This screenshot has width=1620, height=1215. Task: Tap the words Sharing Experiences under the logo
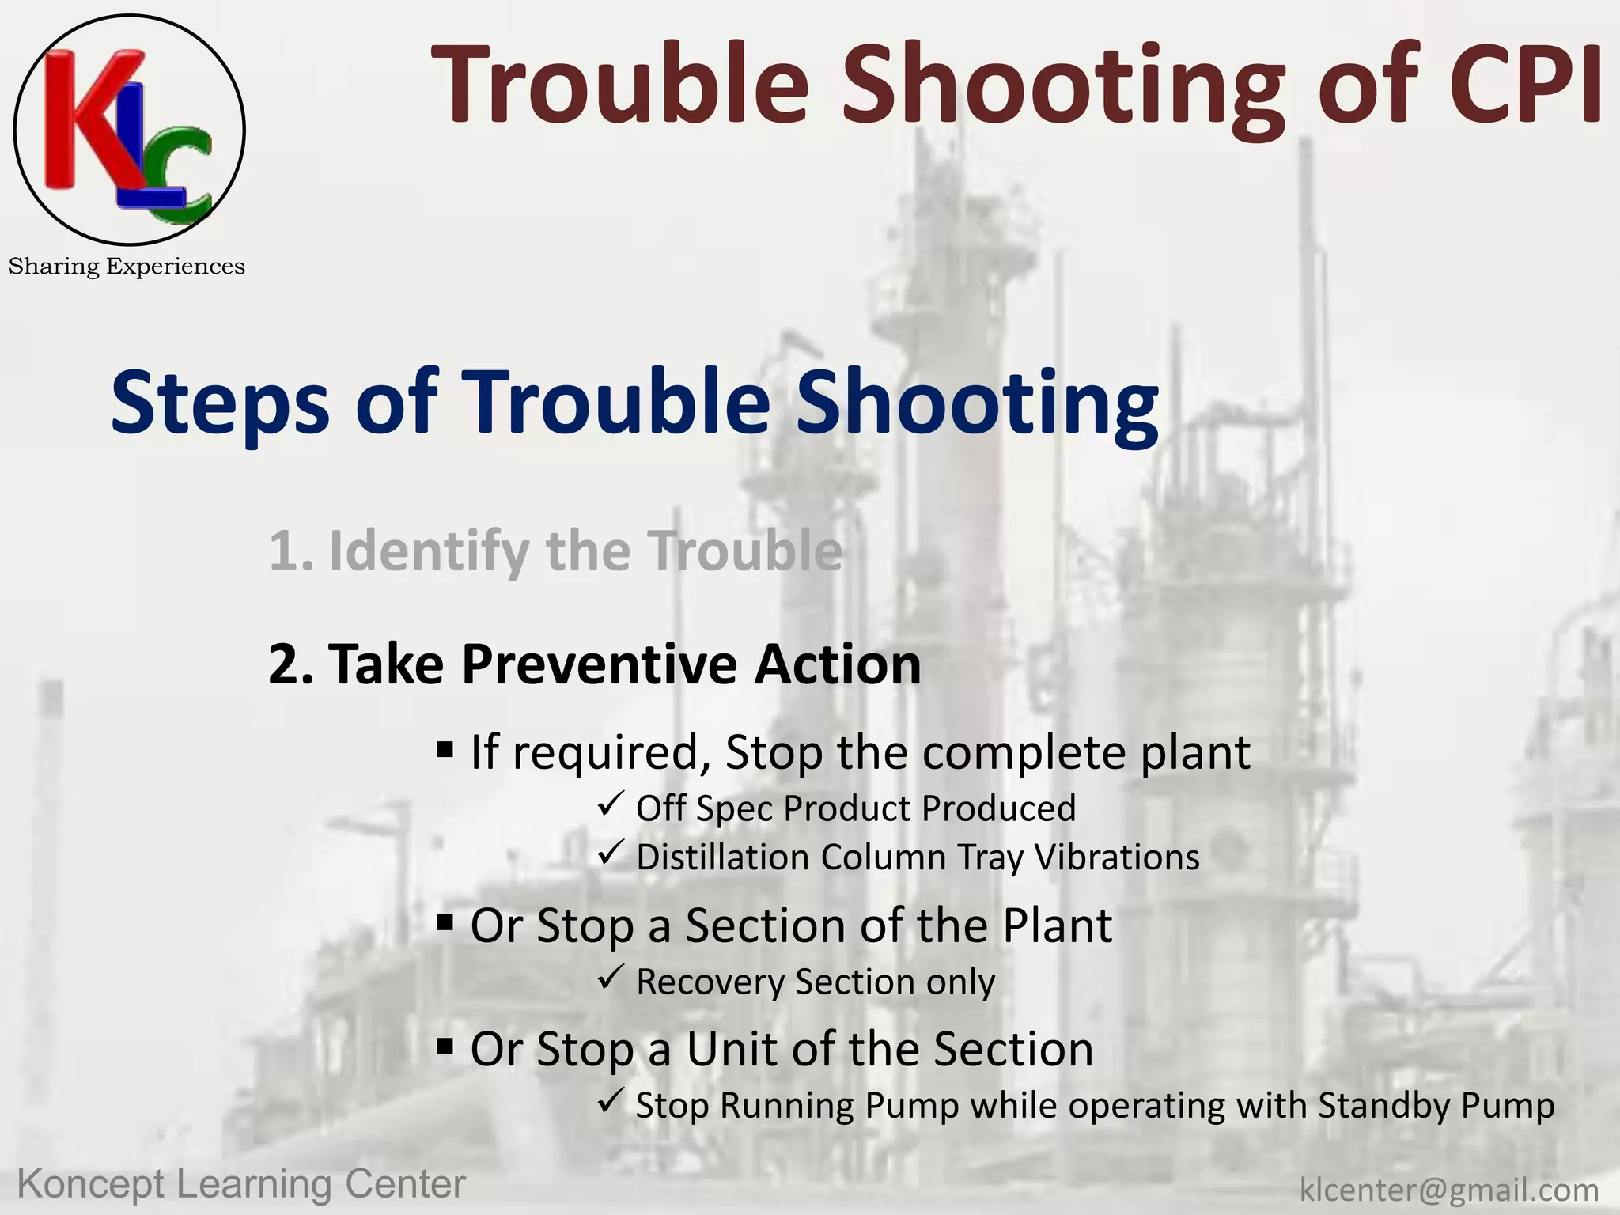coord(127,267)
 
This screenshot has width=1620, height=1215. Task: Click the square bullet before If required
coord(445,748)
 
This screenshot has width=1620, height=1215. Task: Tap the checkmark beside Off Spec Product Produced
coord(611,805)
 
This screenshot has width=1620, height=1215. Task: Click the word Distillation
coord(723,857)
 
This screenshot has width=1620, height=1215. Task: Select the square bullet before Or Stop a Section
coord(445,922)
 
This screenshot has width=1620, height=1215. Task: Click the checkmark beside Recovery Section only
coord(611,978)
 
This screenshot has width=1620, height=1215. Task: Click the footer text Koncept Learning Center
coord(241,1184)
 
